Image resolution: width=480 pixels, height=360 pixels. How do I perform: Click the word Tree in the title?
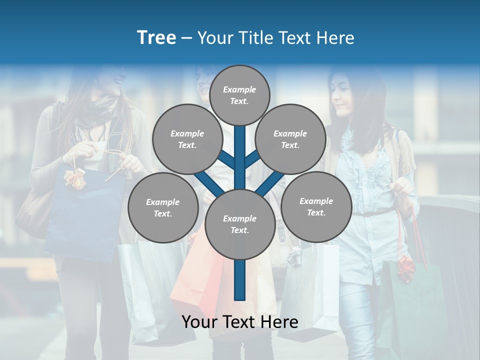[156, 37]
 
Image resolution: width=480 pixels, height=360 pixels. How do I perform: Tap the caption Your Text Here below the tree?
[240, 322]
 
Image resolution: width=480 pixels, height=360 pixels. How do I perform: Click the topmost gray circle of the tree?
[239, 95]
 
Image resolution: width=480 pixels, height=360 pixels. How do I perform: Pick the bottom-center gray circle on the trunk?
[239, 224]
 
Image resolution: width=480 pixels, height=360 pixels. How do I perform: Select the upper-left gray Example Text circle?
[187, 139]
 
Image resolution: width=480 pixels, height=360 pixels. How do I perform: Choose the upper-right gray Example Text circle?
[290, 139]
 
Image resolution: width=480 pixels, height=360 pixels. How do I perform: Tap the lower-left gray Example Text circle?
[162, 207]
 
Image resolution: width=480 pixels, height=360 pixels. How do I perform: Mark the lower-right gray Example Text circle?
[316, 206]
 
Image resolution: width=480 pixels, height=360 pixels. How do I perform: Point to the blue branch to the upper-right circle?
[253, 159]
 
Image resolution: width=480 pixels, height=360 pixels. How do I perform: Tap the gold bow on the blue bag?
[74, 178]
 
